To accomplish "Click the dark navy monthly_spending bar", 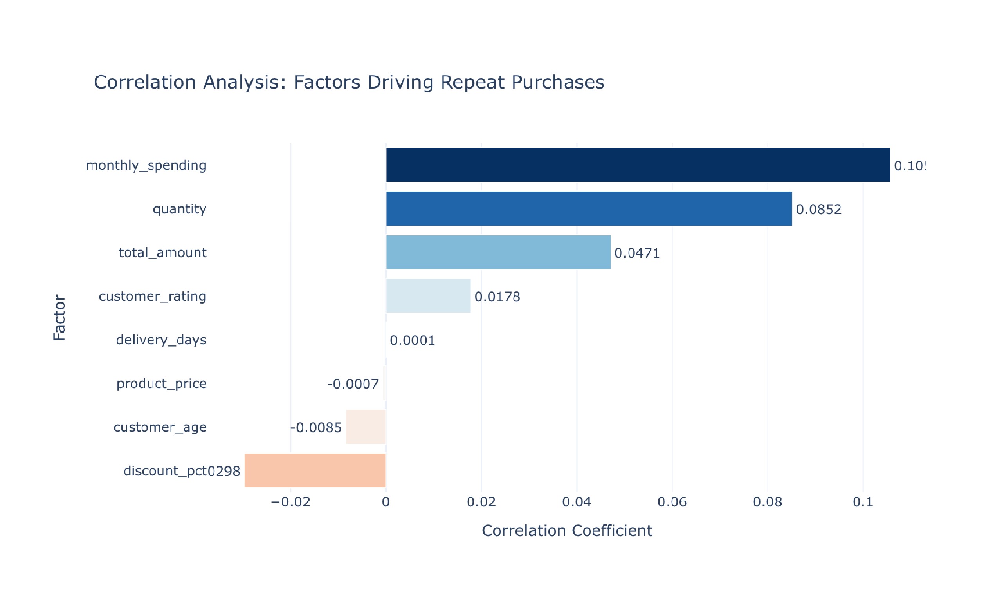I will (x=638, y=165).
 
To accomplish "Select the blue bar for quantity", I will (x=588, y=208).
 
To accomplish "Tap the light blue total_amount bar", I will (x=498, y=252).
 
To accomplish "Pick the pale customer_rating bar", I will (x=428, y=296).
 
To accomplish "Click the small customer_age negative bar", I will (x=365, y=427).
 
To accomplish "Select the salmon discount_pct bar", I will (x=314, y=470).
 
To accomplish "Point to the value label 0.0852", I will (x=818, y=209).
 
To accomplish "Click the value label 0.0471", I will (x=637, y=253).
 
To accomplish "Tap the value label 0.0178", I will (x=497, y=296).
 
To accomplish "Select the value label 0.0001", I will (x=413, y=340).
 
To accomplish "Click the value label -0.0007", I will (x=353, y=384).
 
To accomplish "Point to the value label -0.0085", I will (x=315, y=428).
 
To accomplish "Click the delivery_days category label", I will (x=161, y=340).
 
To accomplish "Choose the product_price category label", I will (x=161, y=383).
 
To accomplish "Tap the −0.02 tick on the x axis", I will (x=290, y=502).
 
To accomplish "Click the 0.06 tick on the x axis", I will (x=672, y=502).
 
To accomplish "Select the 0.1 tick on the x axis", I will (x=863, y=502).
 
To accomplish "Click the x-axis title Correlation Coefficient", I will (x=567, y=530).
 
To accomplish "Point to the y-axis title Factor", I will (x=59, y=317).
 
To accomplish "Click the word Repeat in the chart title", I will (x=472, y=82).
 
